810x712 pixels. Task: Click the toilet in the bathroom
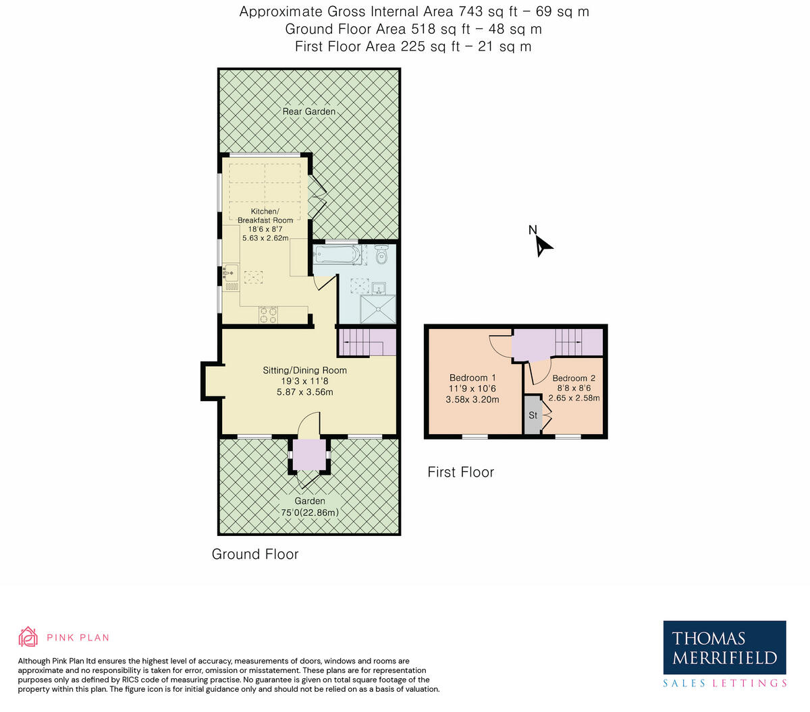382,254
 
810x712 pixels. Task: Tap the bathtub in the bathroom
337,254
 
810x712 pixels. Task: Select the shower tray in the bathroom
378,309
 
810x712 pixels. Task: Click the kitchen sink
230,273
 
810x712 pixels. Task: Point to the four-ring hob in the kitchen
268,315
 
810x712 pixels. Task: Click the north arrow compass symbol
543,246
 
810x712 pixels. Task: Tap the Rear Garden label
308,111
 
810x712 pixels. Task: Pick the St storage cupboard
533,415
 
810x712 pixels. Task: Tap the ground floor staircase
367,343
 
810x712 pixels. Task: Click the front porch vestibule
309,454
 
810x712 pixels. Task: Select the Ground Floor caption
255,554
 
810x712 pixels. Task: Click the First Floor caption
460,472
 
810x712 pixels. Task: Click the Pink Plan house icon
28,636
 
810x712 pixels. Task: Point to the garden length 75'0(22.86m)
310,512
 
